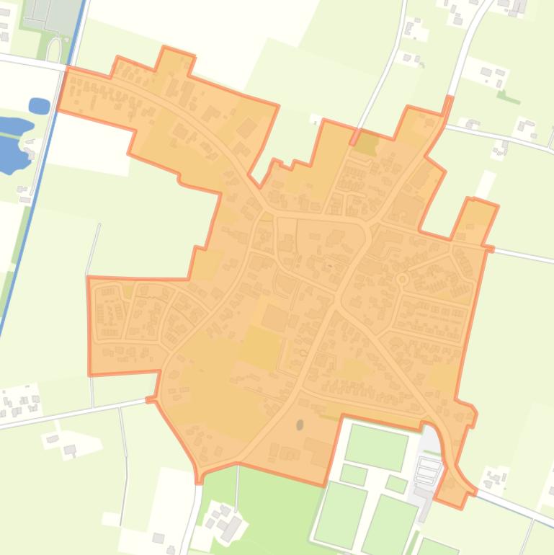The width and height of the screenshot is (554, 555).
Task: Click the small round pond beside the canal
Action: [x=39, y=106]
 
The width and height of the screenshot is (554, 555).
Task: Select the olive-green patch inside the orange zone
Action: [x=367, y=143]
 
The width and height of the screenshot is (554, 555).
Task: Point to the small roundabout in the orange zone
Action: [x=402, y=279]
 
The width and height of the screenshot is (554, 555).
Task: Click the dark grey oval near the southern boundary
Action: [x=300, y=425]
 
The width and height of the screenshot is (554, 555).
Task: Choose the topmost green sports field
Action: [x=376, y=446]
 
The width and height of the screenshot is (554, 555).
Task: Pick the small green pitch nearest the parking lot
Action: [x=396, y=483]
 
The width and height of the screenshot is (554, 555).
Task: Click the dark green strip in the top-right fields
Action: [x=509, y=97]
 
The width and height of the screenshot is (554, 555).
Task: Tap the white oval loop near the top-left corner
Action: [x=54, y=49]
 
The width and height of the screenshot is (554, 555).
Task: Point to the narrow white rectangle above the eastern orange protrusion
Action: [x=486, y=184]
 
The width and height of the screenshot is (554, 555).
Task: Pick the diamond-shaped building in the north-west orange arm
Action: [x=247, y=128]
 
